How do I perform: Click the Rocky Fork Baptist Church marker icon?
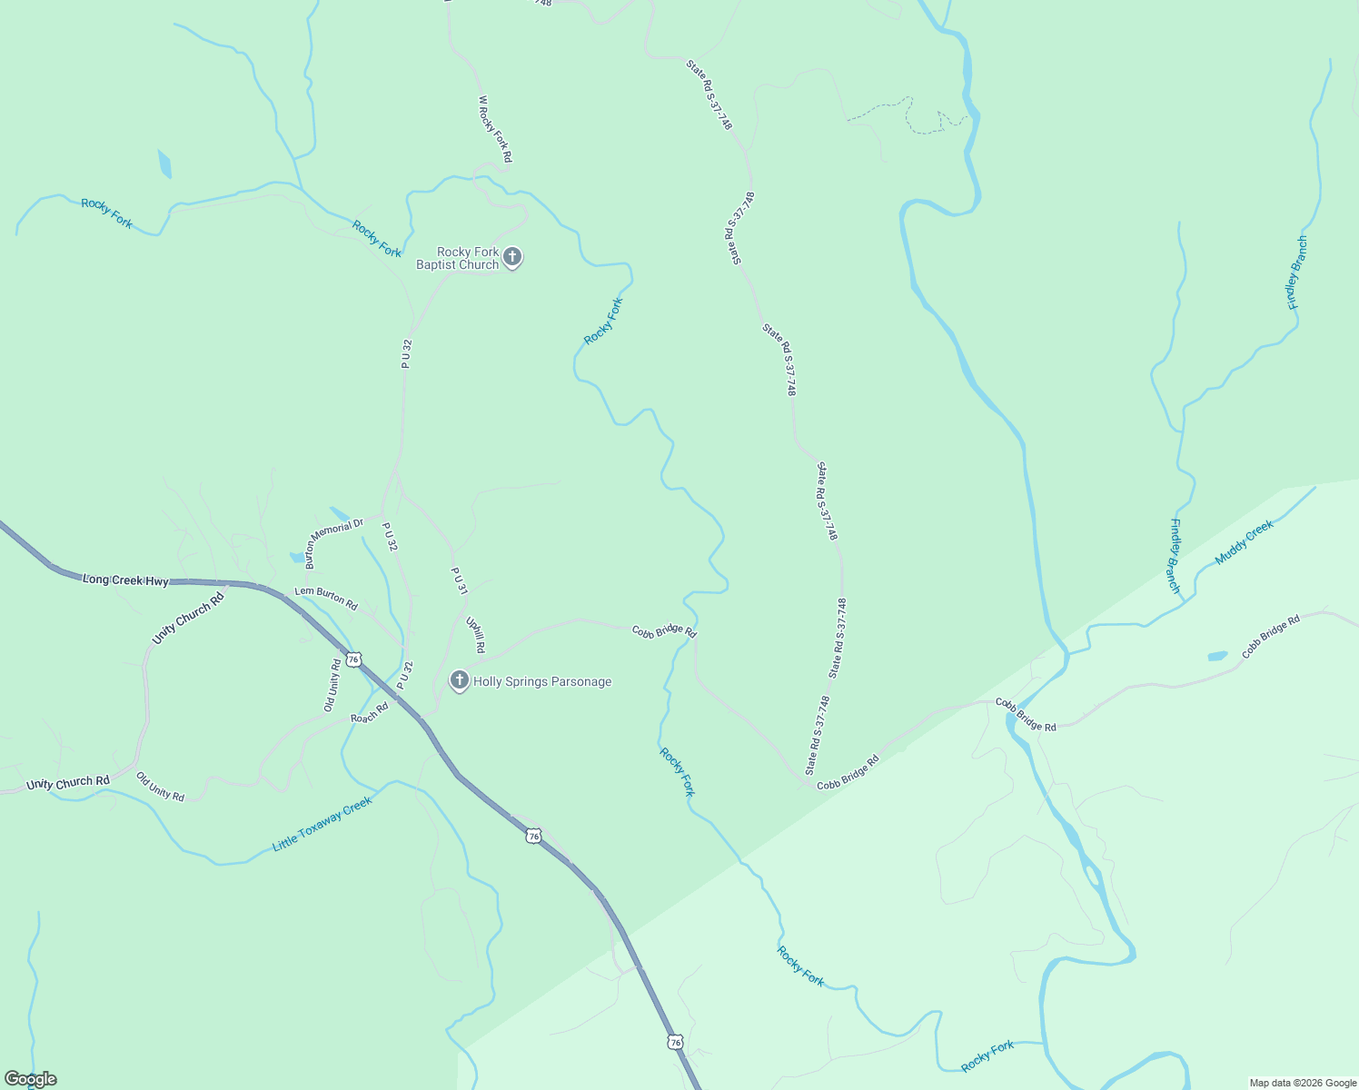point(512,258)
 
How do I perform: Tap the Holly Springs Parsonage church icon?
point(460,680)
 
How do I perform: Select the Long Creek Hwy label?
point(125,580)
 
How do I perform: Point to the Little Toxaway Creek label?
point(322,824)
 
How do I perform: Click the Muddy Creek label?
point(1245,542)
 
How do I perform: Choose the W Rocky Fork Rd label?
point(494,129)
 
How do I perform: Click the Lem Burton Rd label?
point(326,598)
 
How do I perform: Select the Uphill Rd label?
point(476,635)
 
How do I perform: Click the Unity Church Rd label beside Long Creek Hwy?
point(187,619)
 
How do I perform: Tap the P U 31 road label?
point(460,581)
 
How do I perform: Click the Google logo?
point(31,1079)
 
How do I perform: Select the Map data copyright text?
point(1303,1083)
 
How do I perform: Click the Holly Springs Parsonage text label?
point(542,681)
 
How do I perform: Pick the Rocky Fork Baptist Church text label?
point(458,258)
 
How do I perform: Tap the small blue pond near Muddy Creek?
point(1217,656)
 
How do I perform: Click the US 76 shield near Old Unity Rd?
point(353,659)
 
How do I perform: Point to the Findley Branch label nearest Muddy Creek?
point(1175,556)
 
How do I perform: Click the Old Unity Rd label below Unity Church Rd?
point(160,787)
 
